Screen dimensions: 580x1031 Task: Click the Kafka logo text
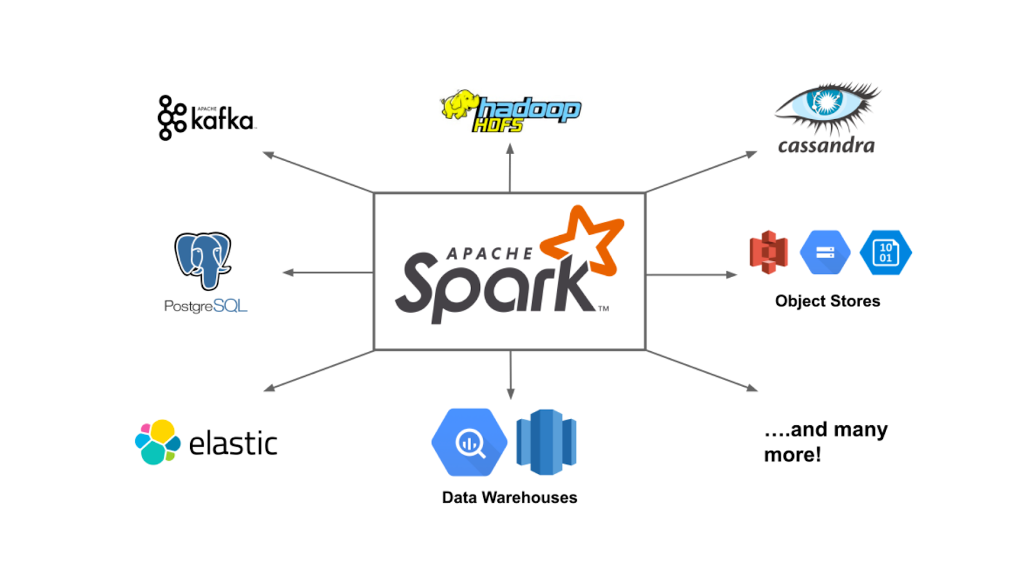click(222, 119)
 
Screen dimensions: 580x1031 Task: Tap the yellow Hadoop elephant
click(459, 104)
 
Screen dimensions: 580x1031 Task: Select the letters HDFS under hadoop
click(497, 124)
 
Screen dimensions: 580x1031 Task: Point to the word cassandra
click(826, 146)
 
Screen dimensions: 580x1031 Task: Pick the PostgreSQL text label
click(206, 306)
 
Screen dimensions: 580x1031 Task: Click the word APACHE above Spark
click(490, 254)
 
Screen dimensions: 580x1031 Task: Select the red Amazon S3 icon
click(768, 252)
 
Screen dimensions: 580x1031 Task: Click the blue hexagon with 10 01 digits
click(885, 253)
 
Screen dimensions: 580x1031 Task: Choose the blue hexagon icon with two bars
click(825, 253)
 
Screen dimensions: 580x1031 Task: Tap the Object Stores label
click(827, 301)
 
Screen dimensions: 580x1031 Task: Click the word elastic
click(233, 443)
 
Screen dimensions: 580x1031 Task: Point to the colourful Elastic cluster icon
click(157, 442)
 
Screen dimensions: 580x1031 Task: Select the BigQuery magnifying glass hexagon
click(469, 442)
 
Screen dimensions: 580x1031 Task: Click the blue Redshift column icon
click(546, 442)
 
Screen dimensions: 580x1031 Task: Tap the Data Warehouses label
click(509, 498)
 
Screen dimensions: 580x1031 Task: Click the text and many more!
click(825, 442)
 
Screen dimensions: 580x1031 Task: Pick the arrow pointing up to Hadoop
click(510, 168)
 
